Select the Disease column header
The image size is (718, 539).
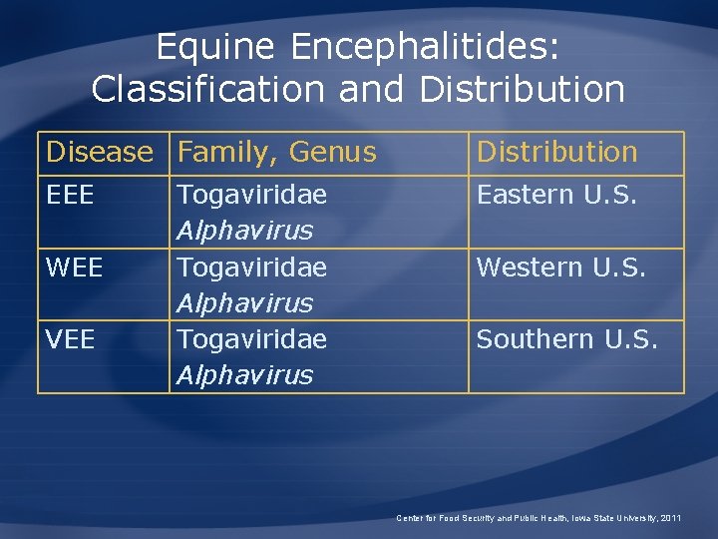click(100, 153)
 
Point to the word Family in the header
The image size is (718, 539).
click(225, 153)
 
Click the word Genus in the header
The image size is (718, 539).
click(332, 153)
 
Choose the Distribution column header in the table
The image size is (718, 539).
click(556, 153)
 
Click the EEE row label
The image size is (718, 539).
click(70, 195)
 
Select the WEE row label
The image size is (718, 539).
click(74, 268)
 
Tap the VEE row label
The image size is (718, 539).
click(71, 339)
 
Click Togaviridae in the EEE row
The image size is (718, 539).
click(251, 195)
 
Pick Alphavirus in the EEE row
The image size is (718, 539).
click(244, 231)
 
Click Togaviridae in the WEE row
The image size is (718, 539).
click(251, 268)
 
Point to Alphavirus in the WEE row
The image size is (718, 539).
click(244, 303)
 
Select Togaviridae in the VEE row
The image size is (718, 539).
click(251, 339)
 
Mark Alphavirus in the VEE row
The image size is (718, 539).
click(244, 375)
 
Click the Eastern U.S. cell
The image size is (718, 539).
click(556, 195)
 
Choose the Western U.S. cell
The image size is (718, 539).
click(561, 268)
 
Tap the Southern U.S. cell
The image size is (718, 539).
click(566, 339)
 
